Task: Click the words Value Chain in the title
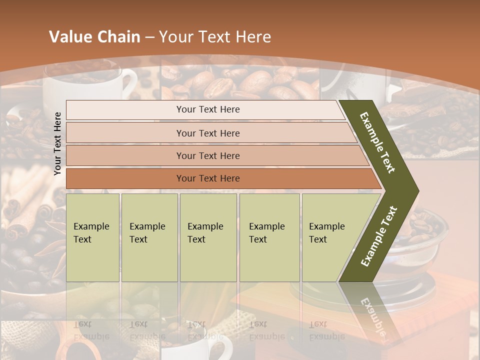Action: click(94, 37)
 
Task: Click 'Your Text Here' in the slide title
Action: click(214, 37)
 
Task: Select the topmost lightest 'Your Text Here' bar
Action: click(207, 109)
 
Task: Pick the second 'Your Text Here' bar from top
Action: click(207, 133)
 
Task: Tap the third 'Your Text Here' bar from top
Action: click(207, 155)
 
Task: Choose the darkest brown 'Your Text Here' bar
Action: click(207, 178)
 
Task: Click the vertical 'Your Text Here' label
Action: click(58, 143)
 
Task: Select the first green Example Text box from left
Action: click(92, 237)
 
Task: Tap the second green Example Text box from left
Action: click(149, 237)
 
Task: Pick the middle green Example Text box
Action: click(208, 237)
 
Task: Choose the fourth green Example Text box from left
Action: click(269, 237)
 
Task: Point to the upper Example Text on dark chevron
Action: click(378, 142)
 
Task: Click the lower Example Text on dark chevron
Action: click(379, 236)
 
